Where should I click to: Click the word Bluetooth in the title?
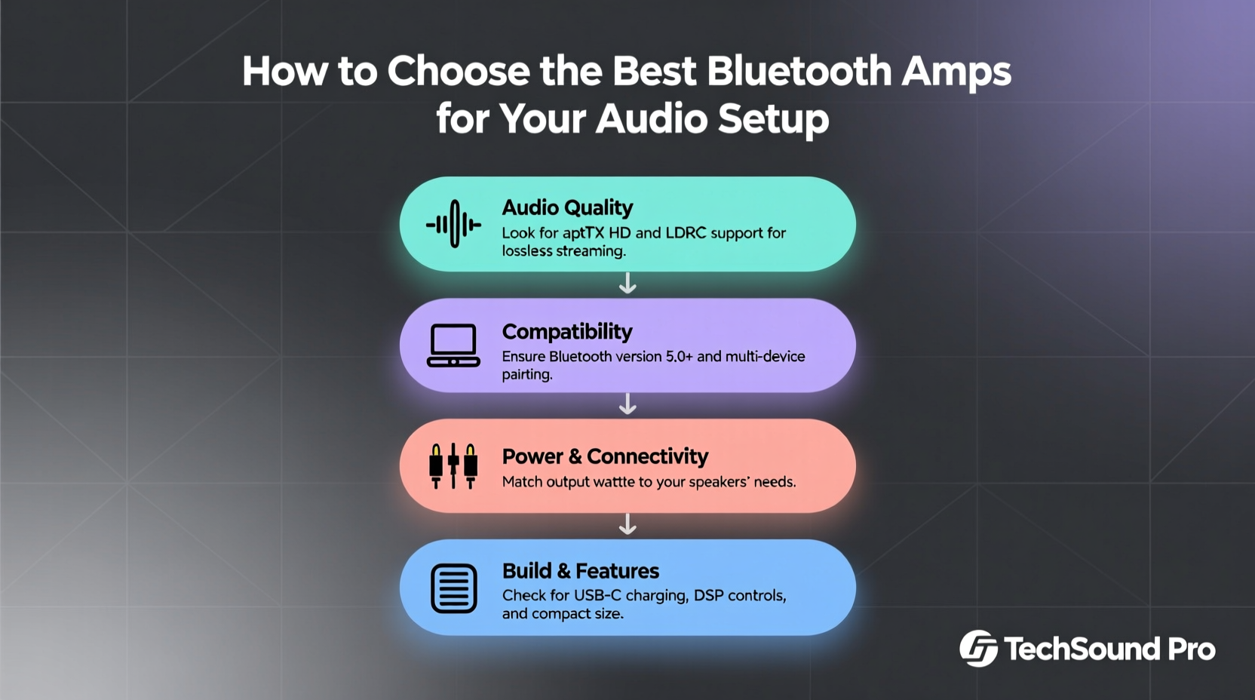(799, 72)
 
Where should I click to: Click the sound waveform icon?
(453, 224)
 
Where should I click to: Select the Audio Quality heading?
(567, 207)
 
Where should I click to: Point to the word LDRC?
(686, 233)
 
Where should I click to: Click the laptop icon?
(453, 345)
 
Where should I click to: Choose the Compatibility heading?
(567, 332)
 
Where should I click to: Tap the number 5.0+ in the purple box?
(679, 356)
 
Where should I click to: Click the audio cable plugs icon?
(453, 466)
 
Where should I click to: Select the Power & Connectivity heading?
(605, 456)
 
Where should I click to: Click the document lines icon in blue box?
(453, 588)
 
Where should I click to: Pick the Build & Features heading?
(580, 571)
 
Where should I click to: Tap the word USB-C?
(597, 596)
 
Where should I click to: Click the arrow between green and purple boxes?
(627, 284)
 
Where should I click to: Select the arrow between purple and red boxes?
(627, 405)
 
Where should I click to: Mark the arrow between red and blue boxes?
(627, 525)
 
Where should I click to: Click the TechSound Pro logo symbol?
(978, 649)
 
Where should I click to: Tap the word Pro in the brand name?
(1192, 649)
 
